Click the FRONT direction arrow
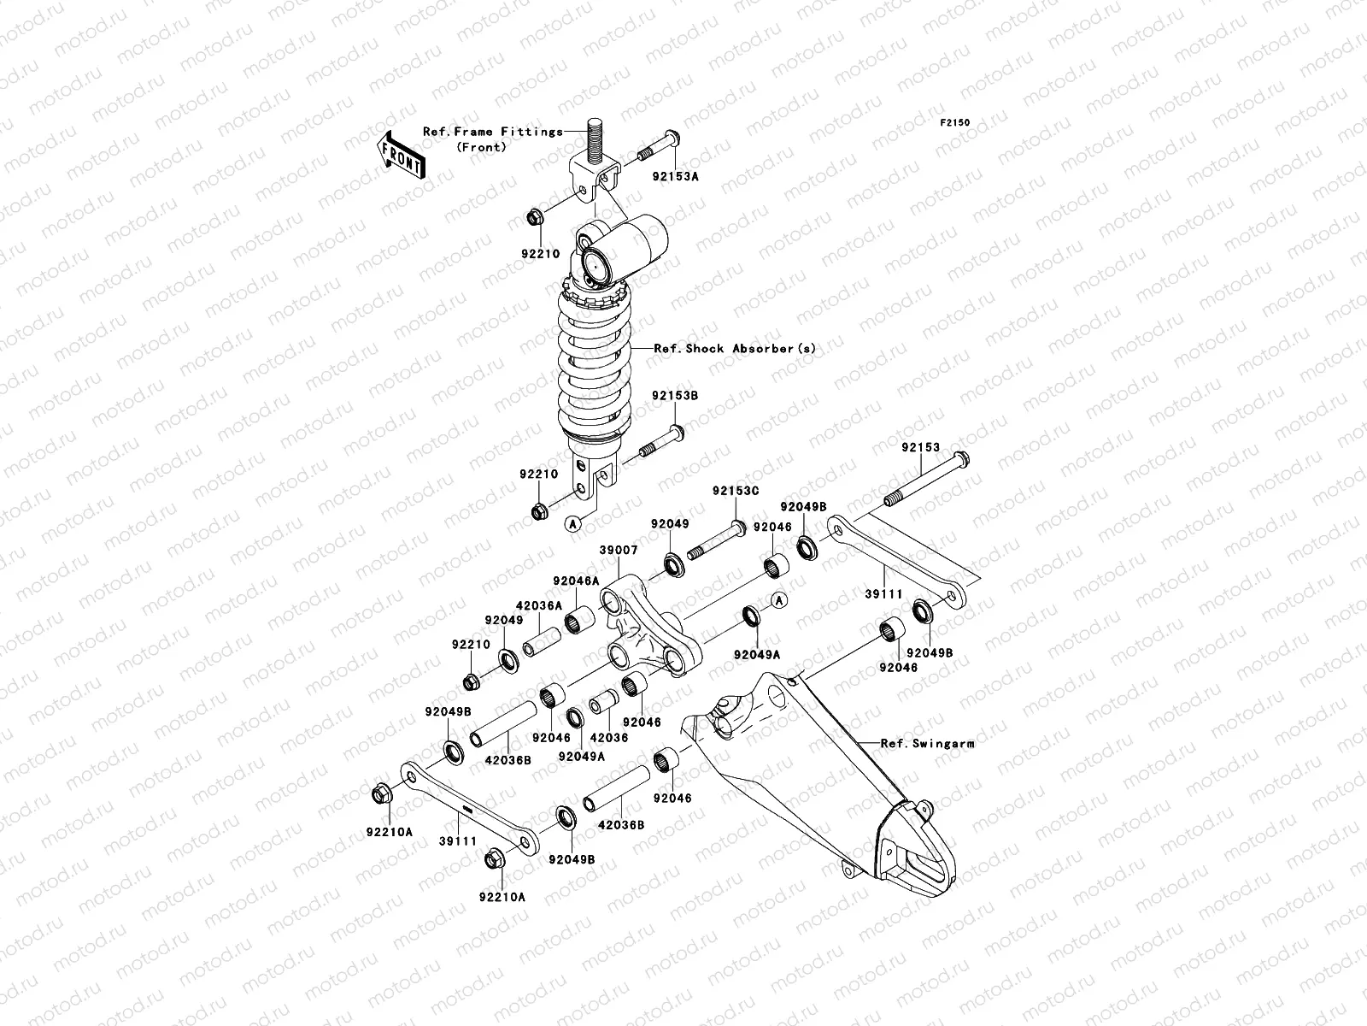[402, 155]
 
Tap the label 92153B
[675, 397]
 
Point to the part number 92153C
[736, 492]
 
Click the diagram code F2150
[955, 123]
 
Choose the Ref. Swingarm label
[927, 744]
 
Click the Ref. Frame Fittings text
[493, 132]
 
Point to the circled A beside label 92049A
[778, 600]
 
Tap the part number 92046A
[577, 580]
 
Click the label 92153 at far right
[919, 447]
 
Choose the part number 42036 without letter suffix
[608, 737]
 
